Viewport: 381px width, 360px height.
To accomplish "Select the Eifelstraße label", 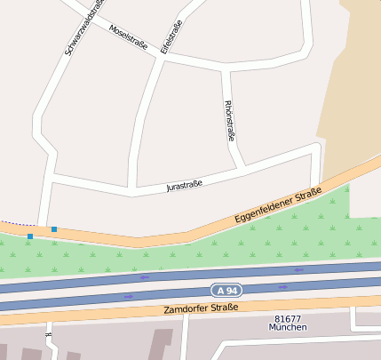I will point(171,37).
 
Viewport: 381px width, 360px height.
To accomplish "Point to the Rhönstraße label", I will point(230,120).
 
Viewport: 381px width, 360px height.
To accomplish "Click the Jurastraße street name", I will point(185,186).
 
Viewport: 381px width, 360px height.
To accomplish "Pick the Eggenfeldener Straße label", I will point(277,205).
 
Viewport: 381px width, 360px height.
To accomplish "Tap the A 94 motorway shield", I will point(226,290).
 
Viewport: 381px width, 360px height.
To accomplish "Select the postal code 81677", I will point(288,318).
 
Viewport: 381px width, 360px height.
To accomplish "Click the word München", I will point(288,327).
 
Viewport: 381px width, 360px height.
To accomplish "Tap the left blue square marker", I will point(30,236).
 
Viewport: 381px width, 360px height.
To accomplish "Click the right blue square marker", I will point(54,229).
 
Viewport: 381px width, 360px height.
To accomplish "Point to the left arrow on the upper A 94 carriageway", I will point(144,276).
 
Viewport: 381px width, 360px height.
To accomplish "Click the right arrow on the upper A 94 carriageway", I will point(298,269).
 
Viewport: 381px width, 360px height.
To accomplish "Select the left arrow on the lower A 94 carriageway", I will point(129,296).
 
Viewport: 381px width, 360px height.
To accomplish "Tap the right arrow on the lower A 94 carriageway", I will point(282,287).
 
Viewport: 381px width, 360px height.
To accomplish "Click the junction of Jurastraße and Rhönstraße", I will point(242,166).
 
